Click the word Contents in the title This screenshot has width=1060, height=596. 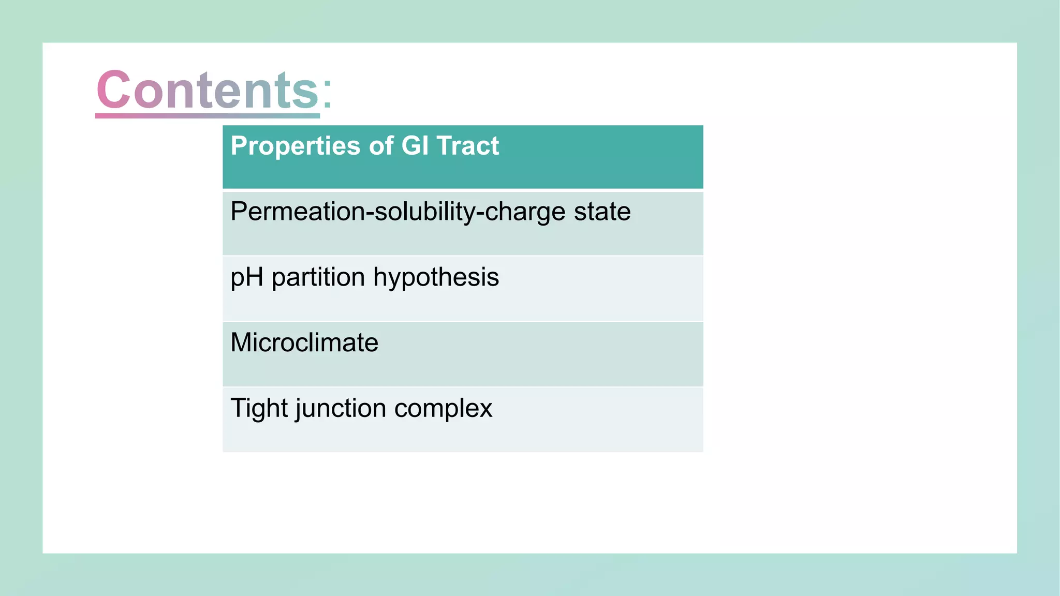207,91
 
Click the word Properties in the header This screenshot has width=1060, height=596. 295,146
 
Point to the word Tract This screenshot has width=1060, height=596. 467,145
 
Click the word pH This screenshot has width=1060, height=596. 247,278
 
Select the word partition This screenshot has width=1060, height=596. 318,278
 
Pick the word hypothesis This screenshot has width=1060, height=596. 436,278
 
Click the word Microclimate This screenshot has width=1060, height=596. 304,342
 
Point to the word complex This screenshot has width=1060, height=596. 443,409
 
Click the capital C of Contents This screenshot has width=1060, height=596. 113,90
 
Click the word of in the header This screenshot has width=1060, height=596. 381,145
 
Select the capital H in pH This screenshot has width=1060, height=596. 255,277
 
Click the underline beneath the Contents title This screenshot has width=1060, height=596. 207,115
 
